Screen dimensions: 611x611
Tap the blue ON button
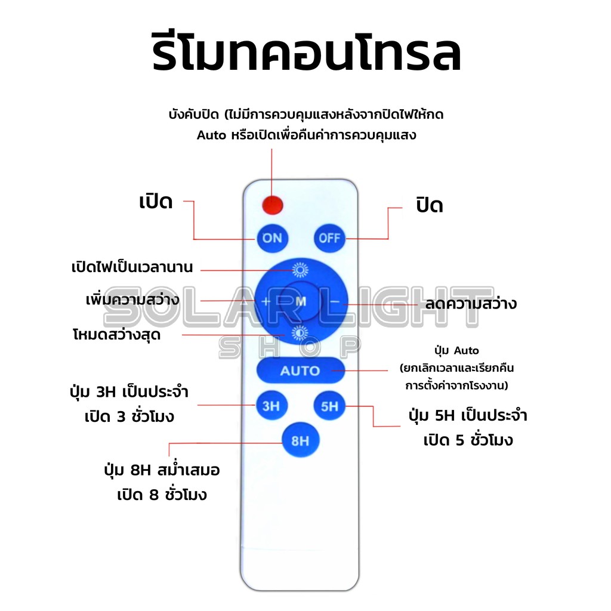pyautogui.click(x=272, y=237)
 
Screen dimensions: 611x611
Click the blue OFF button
pyautogui.click(x=329, y=237)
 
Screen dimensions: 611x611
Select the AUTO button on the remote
pyautogui.click(x=301, y=370)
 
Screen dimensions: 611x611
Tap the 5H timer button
pyautogui.click(x=329, y=406)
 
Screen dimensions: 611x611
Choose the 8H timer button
pyautogui.click(x=301, y=440)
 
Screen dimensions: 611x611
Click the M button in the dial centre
pyautogui.click(x=301, y=301)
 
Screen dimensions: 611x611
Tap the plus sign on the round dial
pyautogui.click(x=266, y=301)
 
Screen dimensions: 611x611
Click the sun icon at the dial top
pyautogui.click(x=301, y=270)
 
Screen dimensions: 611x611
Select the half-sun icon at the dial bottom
pyautogui.click(x=300, y=333)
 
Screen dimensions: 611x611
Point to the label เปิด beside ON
pyautogui.click(x=156, y=202)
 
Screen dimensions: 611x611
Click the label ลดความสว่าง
pyautogui.click(x=471, y=303)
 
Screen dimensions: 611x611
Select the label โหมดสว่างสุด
pyautogui.click(x=116, y=334)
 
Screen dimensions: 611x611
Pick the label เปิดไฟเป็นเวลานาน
pyautogui.click(x=132, y=267)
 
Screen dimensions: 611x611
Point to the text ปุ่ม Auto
pyautogui.click(x=456, y=351)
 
